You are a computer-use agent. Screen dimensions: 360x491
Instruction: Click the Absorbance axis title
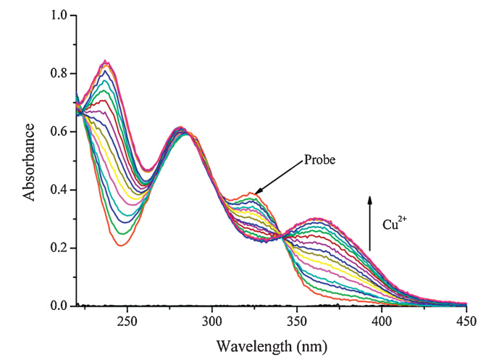coord(30,161)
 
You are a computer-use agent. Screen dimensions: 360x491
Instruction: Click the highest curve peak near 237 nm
coord(106,61)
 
